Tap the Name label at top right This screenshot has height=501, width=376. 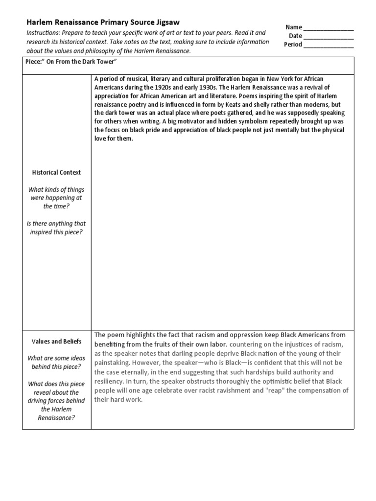pyautogui.click(x=294, y=27)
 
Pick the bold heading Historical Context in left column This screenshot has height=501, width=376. pyautogui.click(x=56, y=173)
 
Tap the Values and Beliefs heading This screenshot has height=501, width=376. pyautogui.click(x=56, y=342)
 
